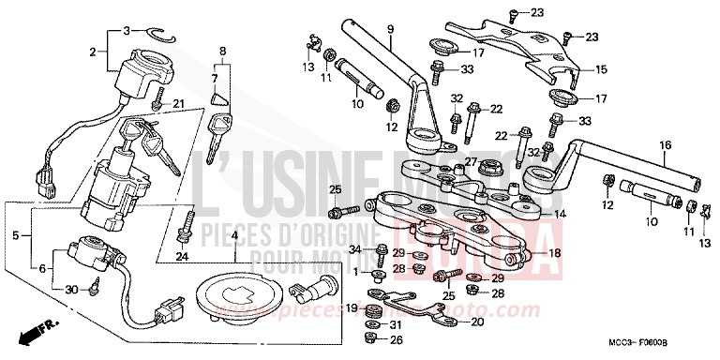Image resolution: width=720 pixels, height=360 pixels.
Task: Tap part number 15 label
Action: click(601, 69)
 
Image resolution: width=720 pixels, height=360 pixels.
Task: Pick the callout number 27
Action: click(472, 161)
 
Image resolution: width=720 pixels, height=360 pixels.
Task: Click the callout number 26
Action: click(397, 339)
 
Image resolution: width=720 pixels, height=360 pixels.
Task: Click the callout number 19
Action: click(352, 307)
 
